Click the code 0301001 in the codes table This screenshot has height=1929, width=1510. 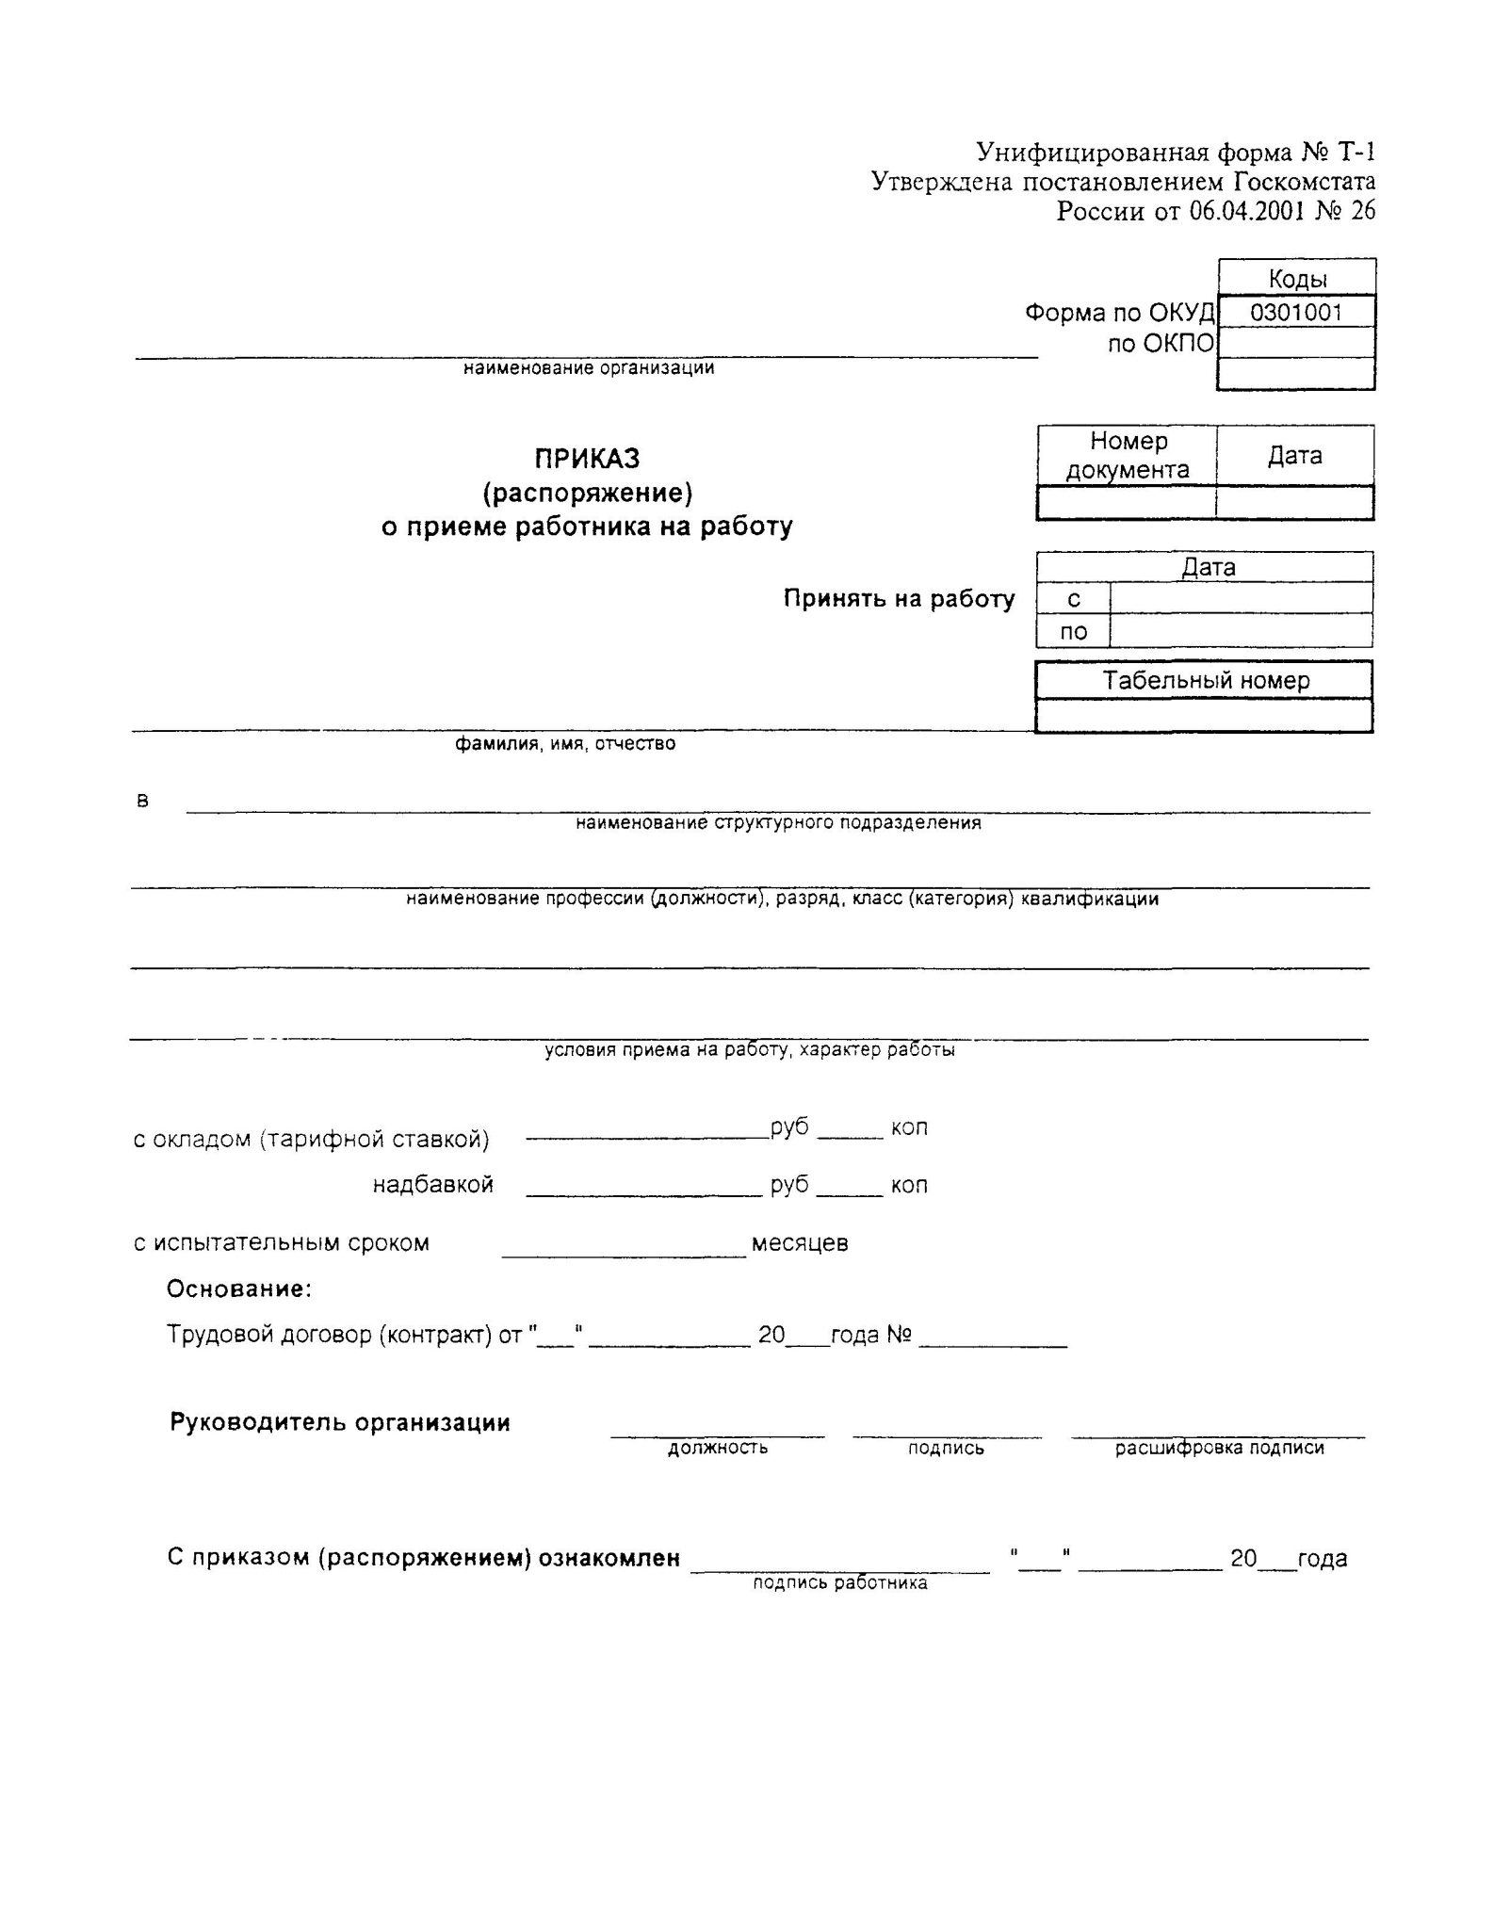click(1295, 313)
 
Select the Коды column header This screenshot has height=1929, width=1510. click(1297, 279)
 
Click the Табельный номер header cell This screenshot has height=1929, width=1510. click(1206, 680)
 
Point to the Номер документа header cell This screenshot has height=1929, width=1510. click(1128, 456)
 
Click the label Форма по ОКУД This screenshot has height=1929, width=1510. click(1119, 313)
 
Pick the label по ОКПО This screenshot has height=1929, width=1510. click(1161, 344)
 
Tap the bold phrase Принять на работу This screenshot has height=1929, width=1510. click(900, 599)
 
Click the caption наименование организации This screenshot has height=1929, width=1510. click(589, 368)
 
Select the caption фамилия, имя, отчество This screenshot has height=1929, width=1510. click(565, 744)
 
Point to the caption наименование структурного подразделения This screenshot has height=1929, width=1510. click(778, 823)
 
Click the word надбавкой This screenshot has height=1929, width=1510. click(433, 1185)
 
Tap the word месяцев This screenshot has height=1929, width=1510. click(800, 1243)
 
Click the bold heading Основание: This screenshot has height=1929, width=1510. click(239, 1289)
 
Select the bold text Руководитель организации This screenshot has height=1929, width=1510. click(340, 1422)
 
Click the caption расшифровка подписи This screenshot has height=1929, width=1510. click(1220, 1448)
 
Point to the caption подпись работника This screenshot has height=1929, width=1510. click(840, 1583)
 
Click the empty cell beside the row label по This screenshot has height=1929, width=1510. click(1241, 632)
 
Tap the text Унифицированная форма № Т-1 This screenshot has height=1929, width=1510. click(1176, 152)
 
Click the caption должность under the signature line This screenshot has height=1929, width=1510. click(718, 1448)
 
